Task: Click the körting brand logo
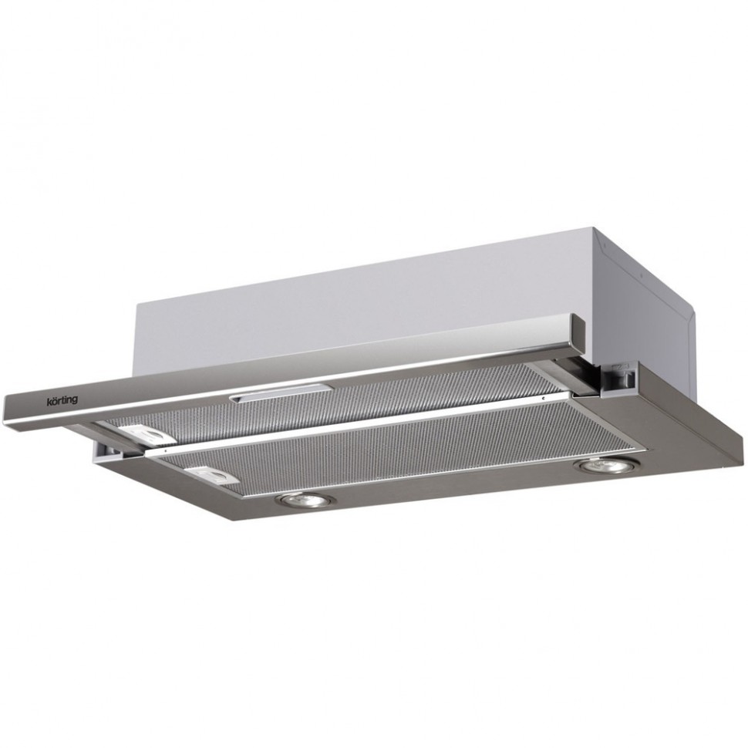pos(62,400)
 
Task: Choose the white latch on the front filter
pos(212,475)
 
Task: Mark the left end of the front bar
pos(5,409)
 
